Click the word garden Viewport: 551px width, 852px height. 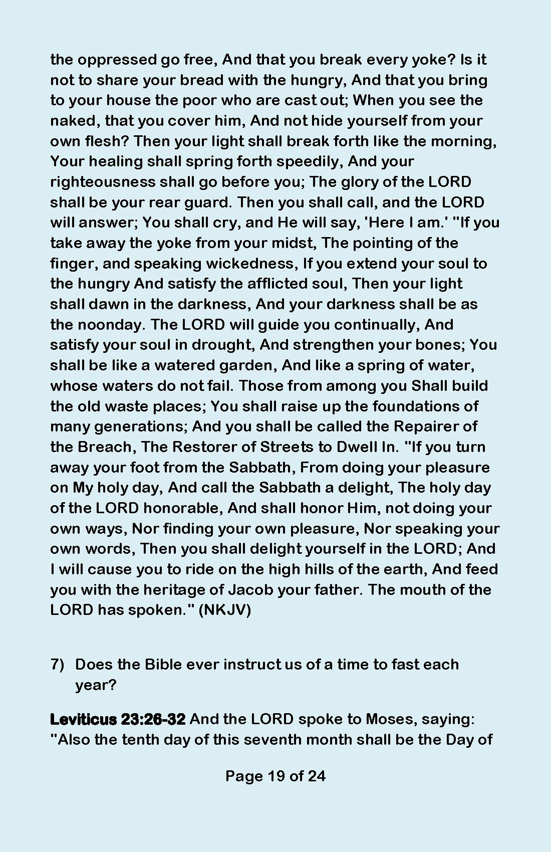247,365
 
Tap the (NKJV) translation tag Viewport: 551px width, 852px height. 225,610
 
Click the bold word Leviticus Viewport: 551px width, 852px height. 83,719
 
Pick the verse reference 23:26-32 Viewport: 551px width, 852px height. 153,719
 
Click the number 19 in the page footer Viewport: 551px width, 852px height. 276,776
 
